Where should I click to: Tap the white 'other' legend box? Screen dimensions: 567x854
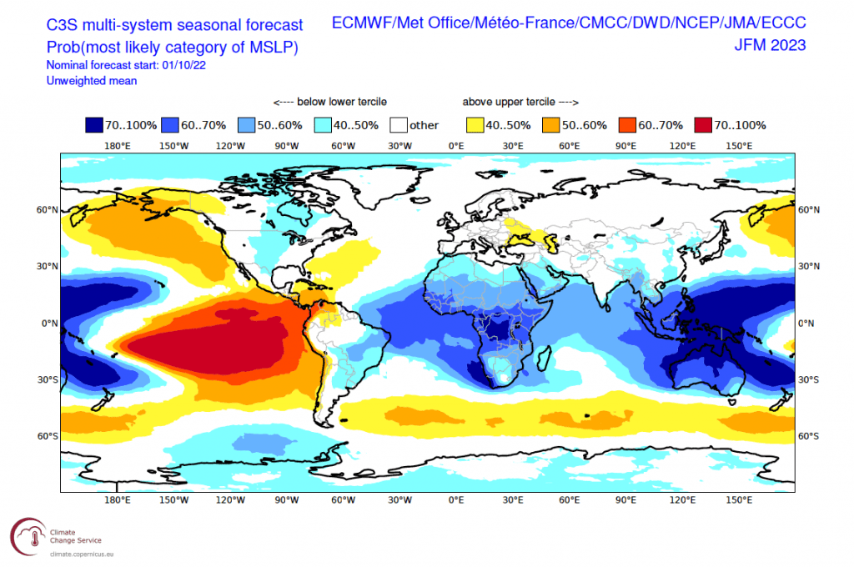[399, 125]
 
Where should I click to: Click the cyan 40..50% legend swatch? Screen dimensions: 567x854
[323, 125]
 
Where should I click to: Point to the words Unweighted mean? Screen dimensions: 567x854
[93, 81]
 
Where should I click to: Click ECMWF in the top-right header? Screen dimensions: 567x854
[361, 24]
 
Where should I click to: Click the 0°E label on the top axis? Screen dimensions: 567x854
[456, 146]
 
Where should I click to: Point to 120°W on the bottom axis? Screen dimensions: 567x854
[230, 500]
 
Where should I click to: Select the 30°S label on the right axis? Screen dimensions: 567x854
[808, 379]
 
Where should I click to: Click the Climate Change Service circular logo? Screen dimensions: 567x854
[26, 534]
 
